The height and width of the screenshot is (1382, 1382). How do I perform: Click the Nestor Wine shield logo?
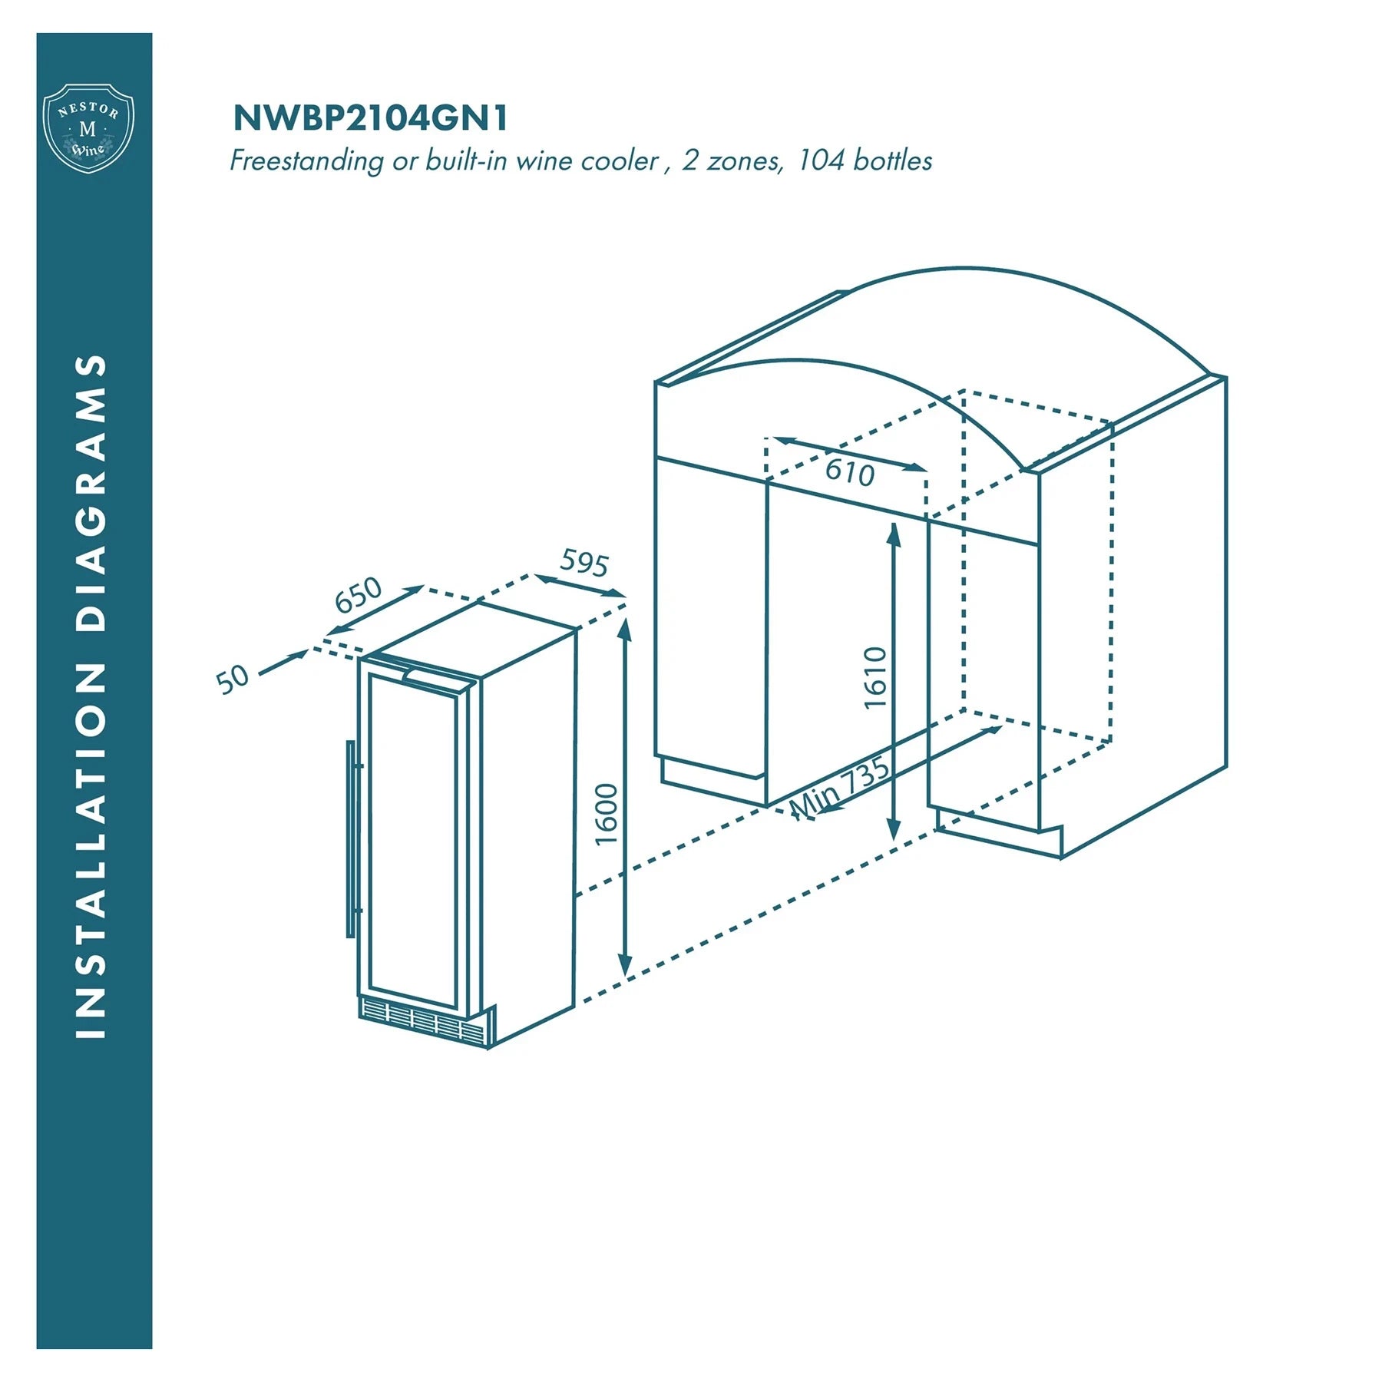tap(89, 128)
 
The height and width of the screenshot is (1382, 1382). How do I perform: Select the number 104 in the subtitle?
tap(821, 160)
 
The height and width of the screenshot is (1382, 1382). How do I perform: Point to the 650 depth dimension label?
tap(359, 594)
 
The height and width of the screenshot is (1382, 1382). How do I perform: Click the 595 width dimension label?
tap(584, 563)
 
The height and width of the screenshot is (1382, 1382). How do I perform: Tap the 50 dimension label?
tap(233, 679)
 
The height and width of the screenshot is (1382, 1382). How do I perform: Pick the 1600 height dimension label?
tap(607, 814)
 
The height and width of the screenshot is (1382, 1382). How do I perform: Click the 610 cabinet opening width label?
tap(850, 471)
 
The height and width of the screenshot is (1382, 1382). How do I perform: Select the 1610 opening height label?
tap(875, 678)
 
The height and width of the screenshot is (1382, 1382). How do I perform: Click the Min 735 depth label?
tap(841, 789)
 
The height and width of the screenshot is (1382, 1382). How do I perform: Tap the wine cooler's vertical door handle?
tap(352, 839)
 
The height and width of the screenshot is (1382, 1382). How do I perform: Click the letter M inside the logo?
tap(88, 130)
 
